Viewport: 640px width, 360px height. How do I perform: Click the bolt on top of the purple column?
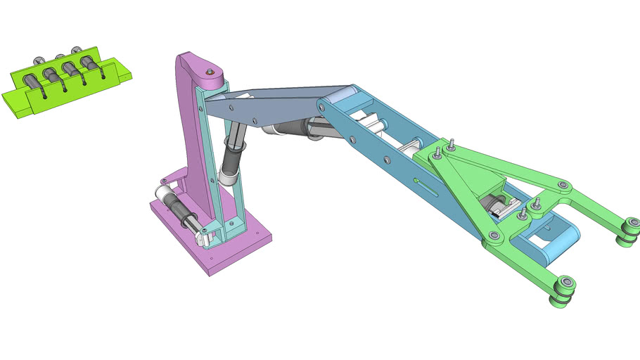click(210, 72)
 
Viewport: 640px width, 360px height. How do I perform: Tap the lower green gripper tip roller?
click(565, 291)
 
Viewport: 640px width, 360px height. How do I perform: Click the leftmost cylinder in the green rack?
click(34, 82)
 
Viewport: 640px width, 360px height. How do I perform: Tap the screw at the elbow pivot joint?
click(321, 106)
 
